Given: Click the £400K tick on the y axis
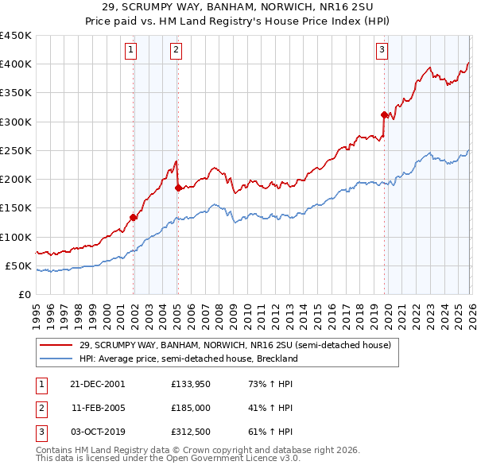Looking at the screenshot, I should click(16, 64).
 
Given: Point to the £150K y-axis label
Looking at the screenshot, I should click(16, 207).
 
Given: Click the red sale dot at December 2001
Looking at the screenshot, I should click(134, 217).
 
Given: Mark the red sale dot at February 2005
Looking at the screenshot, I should click(178, 188).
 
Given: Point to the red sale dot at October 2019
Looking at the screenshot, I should click(384, 114).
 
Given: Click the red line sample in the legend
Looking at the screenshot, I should click(56, 346).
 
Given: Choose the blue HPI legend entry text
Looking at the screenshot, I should click(188, 359).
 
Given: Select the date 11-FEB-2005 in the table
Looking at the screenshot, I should click(98, 408).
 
